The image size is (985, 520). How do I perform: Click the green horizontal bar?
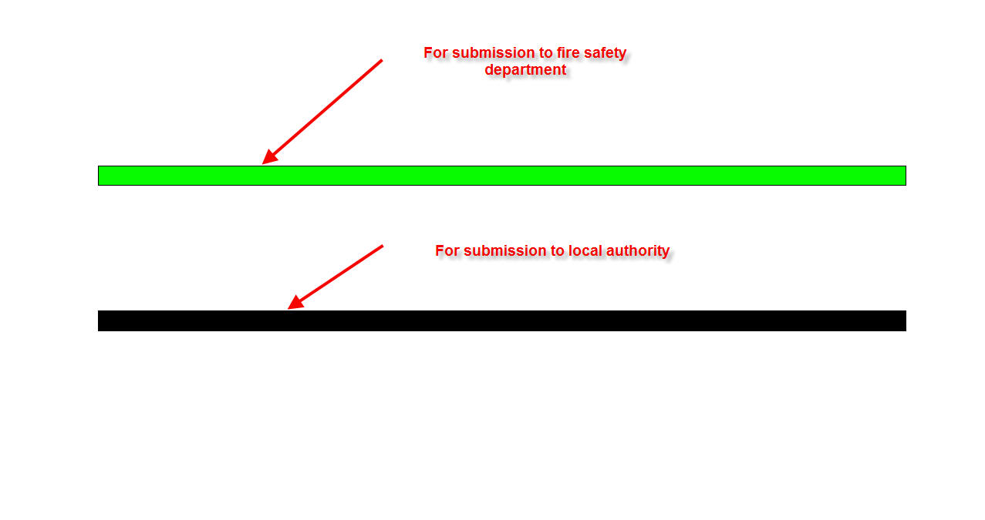tap(501, 176)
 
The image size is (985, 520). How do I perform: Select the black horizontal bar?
tap(501, 320)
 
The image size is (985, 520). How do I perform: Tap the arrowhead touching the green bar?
tap(268, 159)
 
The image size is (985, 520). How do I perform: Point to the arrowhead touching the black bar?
tap(294, 304)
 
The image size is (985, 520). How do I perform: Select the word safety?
tap(606, 52)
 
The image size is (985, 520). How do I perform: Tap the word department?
tap(525, 69)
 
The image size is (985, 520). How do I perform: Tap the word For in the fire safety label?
tap(436, 52)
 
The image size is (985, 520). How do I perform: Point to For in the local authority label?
tap(447, 250)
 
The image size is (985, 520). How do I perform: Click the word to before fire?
tap(545, 52)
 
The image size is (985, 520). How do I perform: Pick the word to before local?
tap(556, 250)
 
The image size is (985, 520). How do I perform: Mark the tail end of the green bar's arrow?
tap(381, 61)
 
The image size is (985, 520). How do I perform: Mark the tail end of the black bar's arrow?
tap(382, 247)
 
